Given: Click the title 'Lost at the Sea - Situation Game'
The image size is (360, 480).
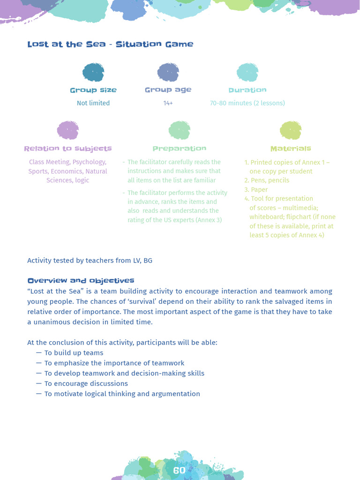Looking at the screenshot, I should tap(110, 44).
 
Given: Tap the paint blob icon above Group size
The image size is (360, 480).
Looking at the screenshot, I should tap(93, 73).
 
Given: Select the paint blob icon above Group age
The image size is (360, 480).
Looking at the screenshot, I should tap(168, 73).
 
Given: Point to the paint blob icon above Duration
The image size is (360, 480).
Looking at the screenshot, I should tap(247, 73).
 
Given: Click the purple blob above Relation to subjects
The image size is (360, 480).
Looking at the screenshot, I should tap(68, 130).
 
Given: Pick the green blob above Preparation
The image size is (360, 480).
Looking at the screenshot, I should tap(180, 130).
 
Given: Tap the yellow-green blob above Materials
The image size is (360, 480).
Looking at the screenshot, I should tap(291, 130).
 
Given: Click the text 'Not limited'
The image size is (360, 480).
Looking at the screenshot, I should tap(93, 103).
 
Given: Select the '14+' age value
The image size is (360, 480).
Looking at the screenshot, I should tap(168, 103).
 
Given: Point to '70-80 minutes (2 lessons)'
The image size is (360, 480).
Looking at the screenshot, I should tap(247, 103).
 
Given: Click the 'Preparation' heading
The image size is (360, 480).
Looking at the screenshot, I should tap(180, 149).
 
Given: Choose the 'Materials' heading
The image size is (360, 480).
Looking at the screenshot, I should tap(291, 149).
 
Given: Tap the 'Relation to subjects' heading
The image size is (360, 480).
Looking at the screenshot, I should tap(68, 149).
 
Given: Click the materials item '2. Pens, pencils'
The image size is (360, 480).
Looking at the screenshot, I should tap(267, 180).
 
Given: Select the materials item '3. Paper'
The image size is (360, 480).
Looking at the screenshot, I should tap(256, 190).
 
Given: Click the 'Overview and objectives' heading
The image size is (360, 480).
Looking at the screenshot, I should tap(81, 281).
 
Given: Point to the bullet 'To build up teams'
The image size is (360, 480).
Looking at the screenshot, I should tap(74, 353).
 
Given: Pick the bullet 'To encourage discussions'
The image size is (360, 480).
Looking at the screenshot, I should tap(86, 384).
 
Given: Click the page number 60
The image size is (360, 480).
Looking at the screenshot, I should tap(179, 470).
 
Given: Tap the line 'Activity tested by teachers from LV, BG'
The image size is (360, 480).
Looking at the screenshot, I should tap(90, 261).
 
